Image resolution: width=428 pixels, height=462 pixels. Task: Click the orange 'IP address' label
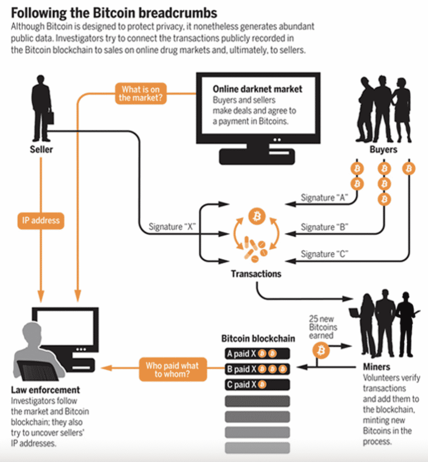click(x=41, y=220)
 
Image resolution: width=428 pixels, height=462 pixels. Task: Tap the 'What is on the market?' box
click(x=140, y=93)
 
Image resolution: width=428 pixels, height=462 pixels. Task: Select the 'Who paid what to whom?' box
click(x=172, y=369)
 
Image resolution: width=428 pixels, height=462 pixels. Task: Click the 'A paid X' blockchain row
click(x=257, y=354)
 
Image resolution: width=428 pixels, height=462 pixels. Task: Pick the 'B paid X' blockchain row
click(x=257, y=369)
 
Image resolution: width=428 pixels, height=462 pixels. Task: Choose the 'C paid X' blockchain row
click(x=257, y=384)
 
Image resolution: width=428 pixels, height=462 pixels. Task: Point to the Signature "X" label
click(x=172, y=227)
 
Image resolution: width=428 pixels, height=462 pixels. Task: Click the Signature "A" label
click(x=324, y=197)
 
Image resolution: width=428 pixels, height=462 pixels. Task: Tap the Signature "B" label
click(x=324, y=227)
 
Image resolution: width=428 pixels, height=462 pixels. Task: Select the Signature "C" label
click(x=324, y=254)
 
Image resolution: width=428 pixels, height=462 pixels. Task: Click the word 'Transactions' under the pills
click(x=256, y=274)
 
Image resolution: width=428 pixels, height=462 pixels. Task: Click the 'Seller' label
click(x=42, y=149)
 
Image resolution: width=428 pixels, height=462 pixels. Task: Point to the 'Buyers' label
click(x=383, y=149)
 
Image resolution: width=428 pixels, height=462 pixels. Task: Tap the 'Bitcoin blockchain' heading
click(x=258, y=339)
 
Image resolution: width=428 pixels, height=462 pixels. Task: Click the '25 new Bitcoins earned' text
click(x=323, y=327)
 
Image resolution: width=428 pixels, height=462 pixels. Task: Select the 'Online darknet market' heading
click(x=257, y=89)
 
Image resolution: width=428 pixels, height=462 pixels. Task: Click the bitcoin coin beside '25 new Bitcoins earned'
click(x=321, y=350)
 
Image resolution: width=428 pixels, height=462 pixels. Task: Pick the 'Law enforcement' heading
click(x=45, y=390)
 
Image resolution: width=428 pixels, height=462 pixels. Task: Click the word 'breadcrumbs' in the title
click(x=178, y=13)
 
